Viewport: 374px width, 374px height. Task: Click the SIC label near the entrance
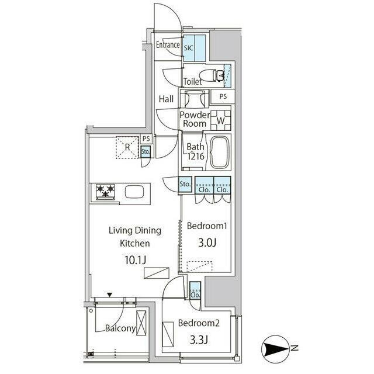point(188,48)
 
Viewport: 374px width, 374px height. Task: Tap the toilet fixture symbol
point(212,75)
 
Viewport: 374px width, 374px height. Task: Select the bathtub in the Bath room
point(219,152)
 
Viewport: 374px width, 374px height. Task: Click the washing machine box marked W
point(220,120)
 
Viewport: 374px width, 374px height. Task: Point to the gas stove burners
point(105,192)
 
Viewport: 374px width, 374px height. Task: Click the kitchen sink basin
point(134,192)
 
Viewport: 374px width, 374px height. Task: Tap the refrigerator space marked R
point(127,147)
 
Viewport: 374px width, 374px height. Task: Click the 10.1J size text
point(135,259)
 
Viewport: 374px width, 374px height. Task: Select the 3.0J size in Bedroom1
point(207,243)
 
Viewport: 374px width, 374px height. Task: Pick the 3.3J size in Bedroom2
point(199,340)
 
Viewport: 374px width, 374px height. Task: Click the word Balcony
point(120,328)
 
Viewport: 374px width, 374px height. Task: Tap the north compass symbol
point(276,349)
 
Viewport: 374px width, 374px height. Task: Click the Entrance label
point(168,44)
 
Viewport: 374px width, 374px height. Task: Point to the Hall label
point(166,99)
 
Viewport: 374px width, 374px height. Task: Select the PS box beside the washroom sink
point(223,96)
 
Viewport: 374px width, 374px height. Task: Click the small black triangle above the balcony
point(109,295)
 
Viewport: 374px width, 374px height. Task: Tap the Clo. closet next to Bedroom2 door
point(195,290)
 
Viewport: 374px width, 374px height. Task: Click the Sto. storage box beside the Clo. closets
point(185,184)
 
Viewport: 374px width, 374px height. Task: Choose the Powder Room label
point(195,119)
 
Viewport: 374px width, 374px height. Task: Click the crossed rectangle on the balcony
point(141,323)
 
